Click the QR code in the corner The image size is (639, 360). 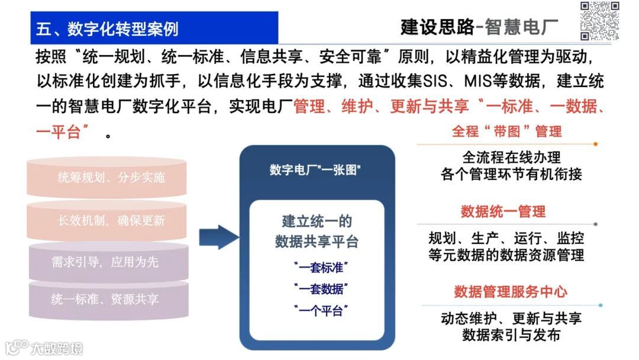pyautogui.click(x=599, y=21)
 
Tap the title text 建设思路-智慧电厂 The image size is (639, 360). pyautogui.click(x=479, y=27)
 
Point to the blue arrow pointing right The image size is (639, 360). pyautogui.click(x=218, y=237)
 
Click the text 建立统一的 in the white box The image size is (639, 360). pyautogui.click(x=317, y=222)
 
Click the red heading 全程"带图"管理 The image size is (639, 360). pyautogui.click(x=506, y=131)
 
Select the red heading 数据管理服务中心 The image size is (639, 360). pyautogui.click(x=511, y=292)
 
